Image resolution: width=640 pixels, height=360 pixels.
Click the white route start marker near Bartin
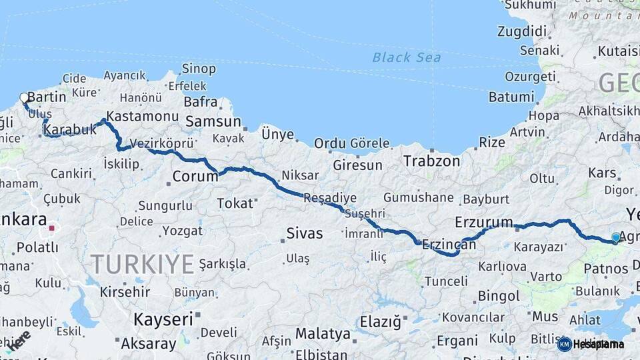coord(25,98)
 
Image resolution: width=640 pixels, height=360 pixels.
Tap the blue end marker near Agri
coord(616,237)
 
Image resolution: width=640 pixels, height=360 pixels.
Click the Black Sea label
coord(407,57)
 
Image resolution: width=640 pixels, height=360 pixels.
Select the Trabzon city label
coord(431,161)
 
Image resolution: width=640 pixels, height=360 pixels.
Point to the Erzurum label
coord(484,222)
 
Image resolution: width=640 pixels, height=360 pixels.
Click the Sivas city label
coord(304,233)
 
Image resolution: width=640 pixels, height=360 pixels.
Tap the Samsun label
coord(213,121)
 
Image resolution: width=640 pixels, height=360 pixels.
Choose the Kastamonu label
coord(142,116)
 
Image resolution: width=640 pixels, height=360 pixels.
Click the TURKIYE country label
coord(142,264)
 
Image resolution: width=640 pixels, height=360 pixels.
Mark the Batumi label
coord(511,97)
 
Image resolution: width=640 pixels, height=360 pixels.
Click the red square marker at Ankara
coord(52,229)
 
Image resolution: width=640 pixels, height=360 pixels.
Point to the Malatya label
coord(323,333)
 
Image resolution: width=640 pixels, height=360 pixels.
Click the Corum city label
coord(195,176)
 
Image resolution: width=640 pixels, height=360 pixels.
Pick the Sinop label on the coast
coord(199,69)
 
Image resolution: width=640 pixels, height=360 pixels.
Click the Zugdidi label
coord(521,31)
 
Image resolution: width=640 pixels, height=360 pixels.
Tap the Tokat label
coord(235,203)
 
